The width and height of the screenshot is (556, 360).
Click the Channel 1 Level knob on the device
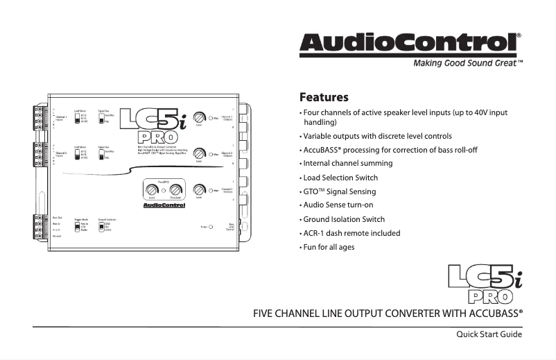pyautogui.click(x=199, y=117)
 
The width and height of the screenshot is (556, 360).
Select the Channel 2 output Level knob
pyautogui.click(x=199, y=153)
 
